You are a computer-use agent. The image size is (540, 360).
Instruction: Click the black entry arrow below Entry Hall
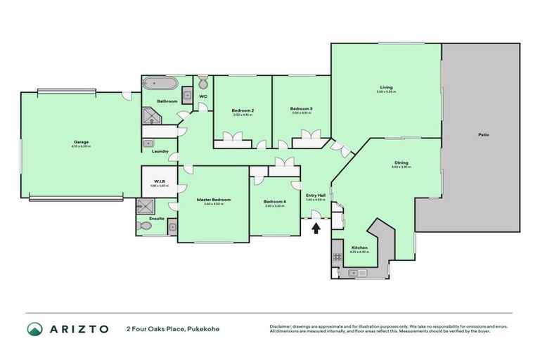point(316,227)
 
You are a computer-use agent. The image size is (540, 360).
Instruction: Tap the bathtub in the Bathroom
point(158,84)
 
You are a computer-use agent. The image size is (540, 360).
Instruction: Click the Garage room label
point(81,142)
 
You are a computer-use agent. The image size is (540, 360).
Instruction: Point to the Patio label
point(483,134)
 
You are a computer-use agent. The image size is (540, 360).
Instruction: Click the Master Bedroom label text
point(213,200)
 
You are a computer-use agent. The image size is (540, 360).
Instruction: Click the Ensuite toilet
point(146,226)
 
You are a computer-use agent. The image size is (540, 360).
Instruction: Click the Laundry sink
point(149,143)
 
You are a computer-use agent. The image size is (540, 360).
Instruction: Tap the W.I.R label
point(158,181)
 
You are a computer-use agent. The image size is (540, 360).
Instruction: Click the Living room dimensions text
point(386,92)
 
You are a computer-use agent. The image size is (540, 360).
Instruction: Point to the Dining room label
point(401,163)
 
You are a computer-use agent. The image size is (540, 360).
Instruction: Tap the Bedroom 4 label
point(275,201)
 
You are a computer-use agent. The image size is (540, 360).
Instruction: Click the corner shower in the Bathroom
point(153,116)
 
